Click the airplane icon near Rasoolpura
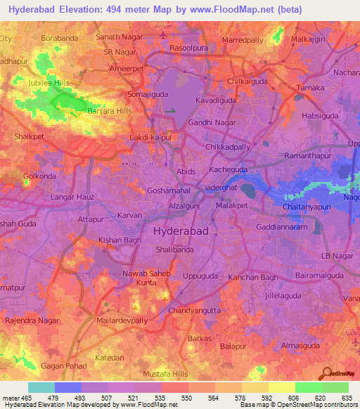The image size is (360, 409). click(165, 34)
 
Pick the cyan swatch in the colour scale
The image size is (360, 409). click(41, 387)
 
